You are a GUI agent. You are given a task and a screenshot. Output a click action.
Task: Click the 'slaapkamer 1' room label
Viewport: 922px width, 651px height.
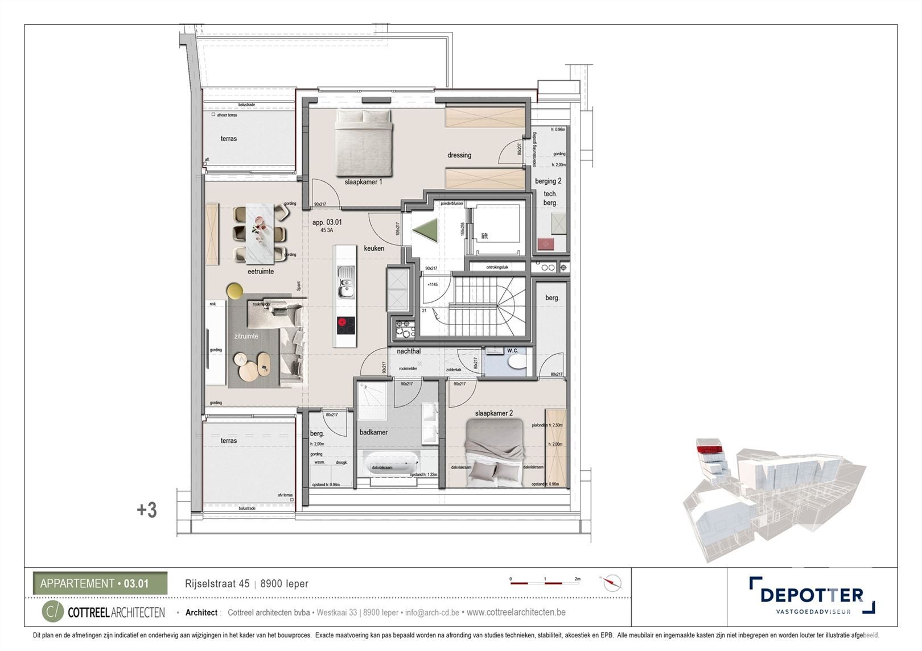click(x=363, y=182)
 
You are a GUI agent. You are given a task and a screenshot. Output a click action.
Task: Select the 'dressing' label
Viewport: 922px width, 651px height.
click(x=459, y=155)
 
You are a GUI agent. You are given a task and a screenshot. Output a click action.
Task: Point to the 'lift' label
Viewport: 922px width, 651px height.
click(x=484, y=236)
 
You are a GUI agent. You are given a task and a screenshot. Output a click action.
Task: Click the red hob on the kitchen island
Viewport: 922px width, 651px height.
click(x=345, y=325)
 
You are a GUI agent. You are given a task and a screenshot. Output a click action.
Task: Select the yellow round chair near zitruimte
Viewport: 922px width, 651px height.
click(x=234, y=291)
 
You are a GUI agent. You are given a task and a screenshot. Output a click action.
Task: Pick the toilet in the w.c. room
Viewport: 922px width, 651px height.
click(x=517, y=363)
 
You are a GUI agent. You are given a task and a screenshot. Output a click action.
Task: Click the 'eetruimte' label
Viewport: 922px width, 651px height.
click(x=261, y=272)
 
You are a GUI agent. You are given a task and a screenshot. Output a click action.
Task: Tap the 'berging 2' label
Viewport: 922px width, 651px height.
click(x=548, y=181)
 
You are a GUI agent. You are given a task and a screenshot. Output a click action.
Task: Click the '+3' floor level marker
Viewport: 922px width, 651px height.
click(x=147, y=510)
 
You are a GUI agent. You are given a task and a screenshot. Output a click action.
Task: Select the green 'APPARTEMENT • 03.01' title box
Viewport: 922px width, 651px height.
click(x=100, y=583)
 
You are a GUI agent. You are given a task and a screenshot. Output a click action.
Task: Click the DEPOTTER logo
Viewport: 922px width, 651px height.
click(x=812, y=595)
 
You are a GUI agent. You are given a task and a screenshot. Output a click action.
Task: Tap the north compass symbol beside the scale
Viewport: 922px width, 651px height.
click(x=612, y=583)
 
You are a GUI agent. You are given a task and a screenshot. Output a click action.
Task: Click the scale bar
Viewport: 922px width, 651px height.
click(x=545, y=583)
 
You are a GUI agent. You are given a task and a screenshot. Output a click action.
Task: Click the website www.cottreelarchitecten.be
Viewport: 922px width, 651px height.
click(x=516, y=612)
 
